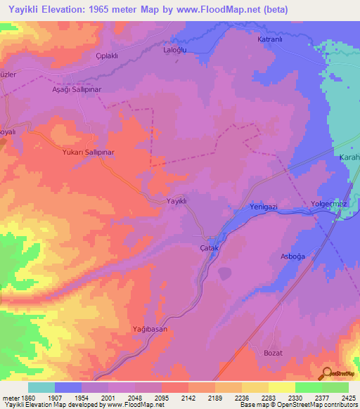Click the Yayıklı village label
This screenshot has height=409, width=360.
pyautogui.click(x=176, y=201)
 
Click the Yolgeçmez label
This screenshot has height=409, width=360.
pyautogui.click(x=330, y=205)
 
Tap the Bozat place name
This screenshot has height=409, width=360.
pyautogui.click(x=272, y=352)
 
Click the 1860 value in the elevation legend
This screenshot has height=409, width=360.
pyautogui.click(x=22, y=398)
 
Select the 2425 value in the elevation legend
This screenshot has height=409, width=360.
pyautogui.click(x=349, y=398)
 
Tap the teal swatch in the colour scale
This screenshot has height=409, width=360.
pyautogui.click(x=41, y=387)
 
